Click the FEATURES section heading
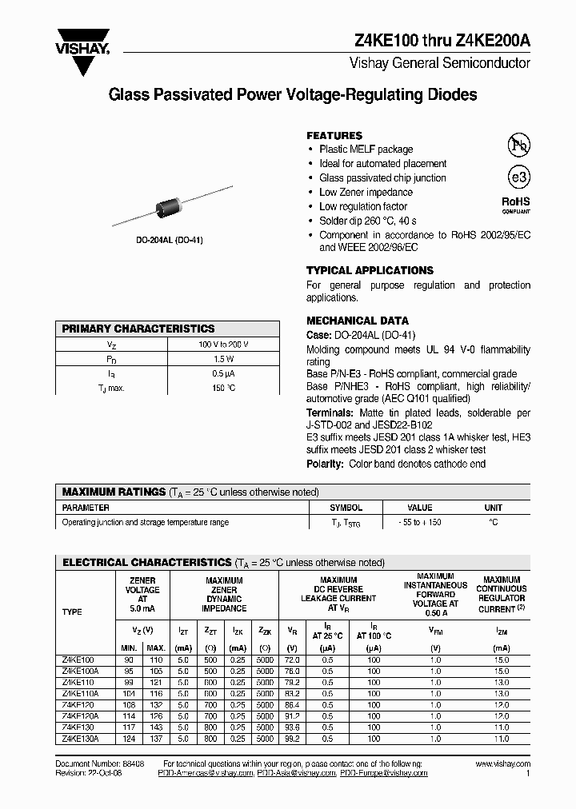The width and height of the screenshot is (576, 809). tap(334, 136)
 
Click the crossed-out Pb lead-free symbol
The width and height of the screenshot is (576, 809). tap(518, 145)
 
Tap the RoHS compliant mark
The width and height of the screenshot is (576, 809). tap(516, 205)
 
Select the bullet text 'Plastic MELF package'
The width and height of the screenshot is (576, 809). tap(366, 149)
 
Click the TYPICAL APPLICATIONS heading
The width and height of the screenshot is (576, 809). tap(370, 270)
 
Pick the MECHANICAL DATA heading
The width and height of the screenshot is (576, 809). tap(357, 321)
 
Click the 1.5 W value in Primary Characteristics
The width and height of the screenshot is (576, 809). tap(223, 359)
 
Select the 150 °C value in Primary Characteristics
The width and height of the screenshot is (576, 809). tap(223, 388)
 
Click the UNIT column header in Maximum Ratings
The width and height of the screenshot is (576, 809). tap(493, 508)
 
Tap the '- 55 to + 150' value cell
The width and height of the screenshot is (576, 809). tap(420, 522)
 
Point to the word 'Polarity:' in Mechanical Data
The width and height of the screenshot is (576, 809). tap(325, 464)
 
